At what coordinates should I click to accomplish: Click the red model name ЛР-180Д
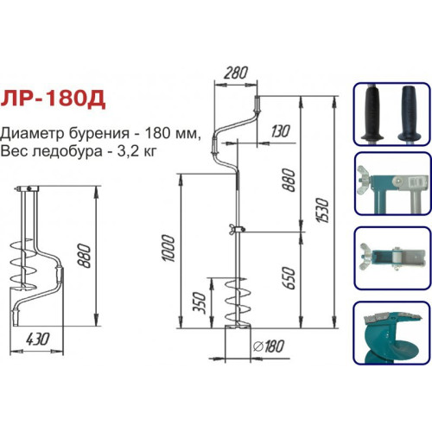pos(53,99)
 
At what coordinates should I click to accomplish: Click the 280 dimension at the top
pos(236,73)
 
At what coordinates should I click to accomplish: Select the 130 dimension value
pos(280,131)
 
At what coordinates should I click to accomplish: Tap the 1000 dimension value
pos(168,248)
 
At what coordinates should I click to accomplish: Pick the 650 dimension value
pos(289,278)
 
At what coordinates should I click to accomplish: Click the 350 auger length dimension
pos(200,303)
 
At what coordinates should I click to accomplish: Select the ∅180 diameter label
pos(269,346)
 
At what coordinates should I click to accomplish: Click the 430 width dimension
pos(38,339)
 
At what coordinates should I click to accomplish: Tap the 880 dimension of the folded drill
pos(85,256)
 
